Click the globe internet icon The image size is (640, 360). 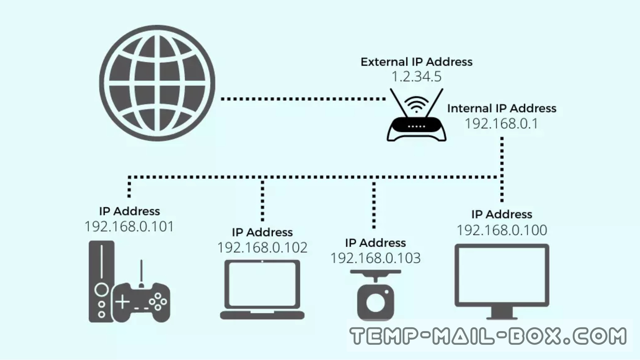[157, 83]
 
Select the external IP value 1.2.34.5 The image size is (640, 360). [416, 77]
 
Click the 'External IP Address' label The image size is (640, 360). [416, 62]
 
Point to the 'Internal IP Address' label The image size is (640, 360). [502, 109]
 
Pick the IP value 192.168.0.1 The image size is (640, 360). [502, 124]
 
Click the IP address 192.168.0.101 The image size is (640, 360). [129, 227]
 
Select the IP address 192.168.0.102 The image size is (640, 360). [262, 248]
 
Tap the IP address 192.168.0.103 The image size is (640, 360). [376, 258]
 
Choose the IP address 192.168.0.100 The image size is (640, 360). [502, 230]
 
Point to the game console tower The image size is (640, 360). [101, 281]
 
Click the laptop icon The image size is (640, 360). [262, 289]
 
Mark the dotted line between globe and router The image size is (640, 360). [303, 99]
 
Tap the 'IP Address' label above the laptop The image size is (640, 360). [262, 232]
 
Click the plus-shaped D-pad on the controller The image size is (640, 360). [123, 302]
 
